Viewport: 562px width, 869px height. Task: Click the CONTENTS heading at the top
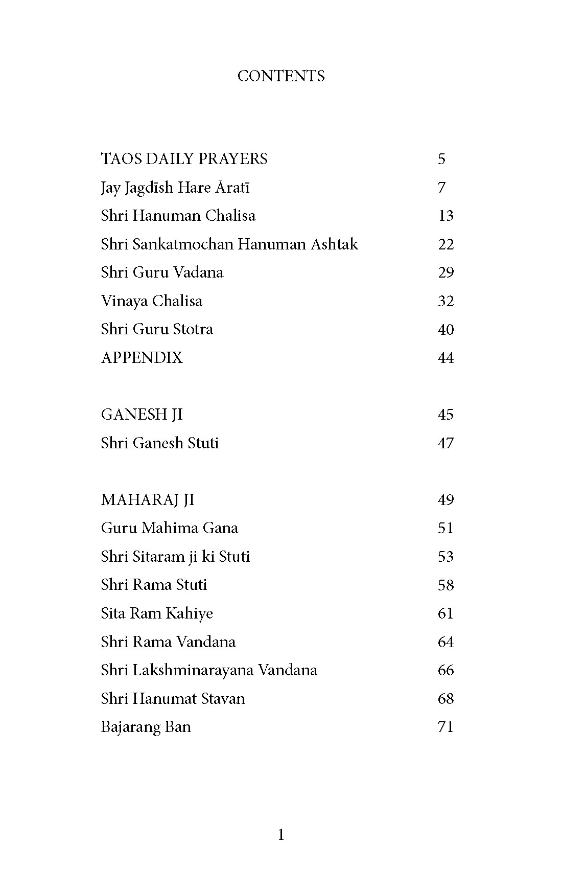pos(281,76)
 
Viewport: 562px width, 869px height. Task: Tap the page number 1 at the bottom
pos(281,835)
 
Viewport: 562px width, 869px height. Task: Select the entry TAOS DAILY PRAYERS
pos(184,159)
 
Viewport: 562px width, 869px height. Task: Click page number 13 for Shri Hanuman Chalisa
pos(446,216)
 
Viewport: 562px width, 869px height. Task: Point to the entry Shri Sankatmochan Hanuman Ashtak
pos(229,244)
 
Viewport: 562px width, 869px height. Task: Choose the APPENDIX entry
pos(142,358)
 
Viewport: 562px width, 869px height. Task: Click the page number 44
pos(446,358)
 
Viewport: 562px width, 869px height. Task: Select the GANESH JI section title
pos(142,415)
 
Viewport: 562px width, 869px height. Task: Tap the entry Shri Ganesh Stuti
pos(159,443)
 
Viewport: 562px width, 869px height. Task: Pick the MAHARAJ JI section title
pos(148,499)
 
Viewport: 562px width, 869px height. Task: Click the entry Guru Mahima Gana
pos(169,528)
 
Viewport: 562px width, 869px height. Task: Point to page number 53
pos(446,557)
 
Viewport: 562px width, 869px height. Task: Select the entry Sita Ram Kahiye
pos(157,613)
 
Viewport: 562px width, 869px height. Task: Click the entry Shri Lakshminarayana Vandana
pos(209,670)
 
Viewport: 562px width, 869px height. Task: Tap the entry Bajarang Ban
pos(146,727)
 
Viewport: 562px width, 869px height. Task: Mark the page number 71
pos(446,727)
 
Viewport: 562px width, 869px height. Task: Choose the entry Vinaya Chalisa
pos(151,301)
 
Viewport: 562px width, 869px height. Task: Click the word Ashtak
pos(334,244)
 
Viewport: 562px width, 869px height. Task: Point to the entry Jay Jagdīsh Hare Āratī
pos(175,188)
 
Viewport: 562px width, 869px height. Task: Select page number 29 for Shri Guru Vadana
pos(446,272)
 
